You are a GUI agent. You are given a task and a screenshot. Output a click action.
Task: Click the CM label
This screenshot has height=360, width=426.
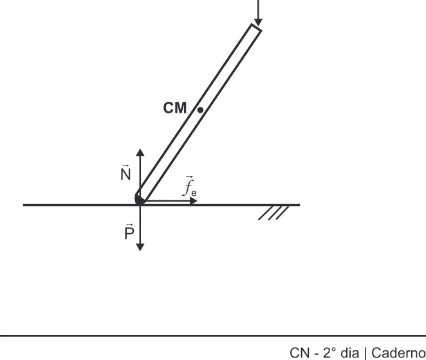click(175, 108)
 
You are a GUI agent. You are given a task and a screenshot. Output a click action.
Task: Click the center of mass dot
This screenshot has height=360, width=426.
click(200, 110)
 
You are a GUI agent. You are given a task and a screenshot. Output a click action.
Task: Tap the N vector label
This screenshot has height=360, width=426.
click(125, 173)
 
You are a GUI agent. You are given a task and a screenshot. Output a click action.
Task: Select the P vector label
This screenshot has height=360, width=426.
click(129, 232)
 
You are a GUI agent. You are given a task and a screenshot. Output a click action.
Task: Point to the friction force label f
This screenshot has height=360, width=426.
click(189, 186)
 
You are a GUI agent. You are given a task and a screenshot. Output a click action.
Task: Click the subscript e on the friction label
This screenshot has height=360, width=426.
click(194, 193)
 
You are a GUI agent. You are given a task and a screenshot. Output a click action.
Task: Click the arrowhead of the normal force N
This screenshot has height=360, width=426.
click(140, 152)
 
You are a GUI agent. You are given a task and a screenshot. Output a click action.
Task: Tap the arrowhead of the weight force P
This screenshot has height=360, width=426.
click(140, 247)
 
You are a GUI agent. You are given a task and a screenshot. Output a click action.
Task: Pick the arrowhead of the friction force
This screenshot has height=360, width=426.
click(194, 201)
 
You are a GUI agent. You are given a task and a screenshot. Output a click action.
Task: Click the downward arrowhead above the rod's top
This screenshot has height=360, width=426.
click(258, 23)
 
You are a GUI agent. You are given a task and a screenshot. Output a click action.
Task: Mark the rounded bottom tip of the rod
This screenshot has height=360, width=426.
click(140, 200)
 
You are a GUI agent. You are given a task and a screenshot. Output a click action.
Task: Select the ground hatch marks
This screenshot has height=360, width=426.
click(273, 213)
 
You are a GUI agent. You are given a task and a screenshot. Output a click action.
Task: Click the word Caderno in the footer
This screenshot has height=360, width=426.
click(398, 353)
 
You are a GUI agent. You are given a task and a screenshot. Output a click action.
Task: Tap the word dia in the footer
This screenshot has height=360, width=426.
click(349, 353)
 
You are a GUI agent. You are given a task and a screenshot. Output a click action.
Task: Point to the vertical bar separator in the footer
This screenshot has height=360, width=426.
click(365, 354)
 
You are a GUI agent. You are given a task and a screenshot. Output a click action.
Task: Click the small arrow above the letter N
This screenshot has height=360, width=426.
click(125, 166)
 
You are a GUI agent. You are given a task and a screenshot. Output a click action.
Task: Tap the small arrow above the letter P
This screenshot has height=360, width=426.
click(130, 225)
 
